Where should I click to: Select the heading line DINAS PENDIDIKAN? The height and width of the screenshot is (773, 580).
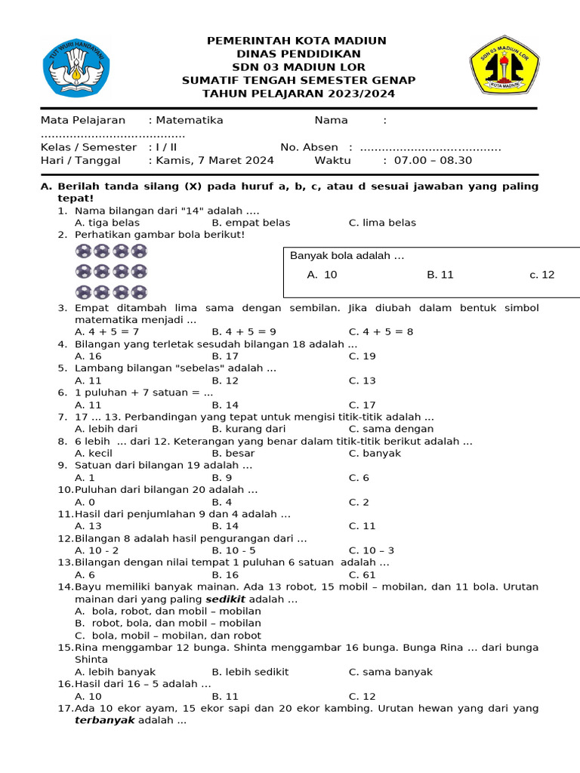point(298,54)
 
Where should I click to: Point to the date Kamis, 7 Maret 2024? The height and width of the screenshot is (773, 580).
point(214,160)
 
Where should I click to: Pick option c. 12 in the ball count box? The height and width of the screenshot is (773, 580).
point(541,275)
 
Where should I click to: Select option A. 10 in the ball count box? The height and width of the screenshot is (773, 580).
point(322,275)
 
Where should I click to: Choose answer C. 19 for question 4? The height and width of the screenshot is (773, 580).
point(362,356)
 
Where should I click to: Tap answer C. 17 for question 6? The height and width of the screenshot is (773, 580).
point(362,405)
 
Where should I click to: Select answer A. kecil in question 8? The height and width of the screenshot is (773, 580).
point(94,453)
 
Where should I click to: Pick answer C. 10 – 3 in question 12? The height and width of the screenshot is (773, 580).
point(371,550)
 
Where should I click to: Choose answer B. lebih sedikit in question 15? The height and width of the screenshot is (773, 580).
point(250,672)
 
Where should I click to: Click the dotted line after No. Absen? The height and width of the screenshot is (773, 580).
point(430,148)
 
